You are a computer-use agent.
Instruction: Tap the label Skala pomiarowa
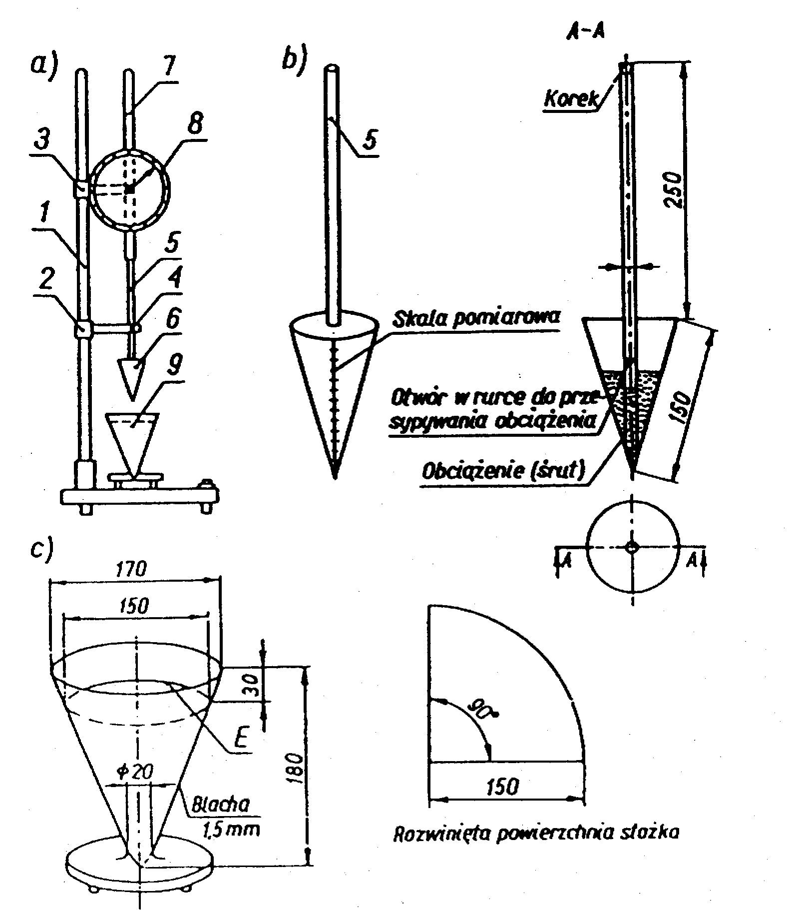tap(477, 318)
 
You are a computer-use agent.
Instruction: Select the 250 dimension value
tap(673, 190)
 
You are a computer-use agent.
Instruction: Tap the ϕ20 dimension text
tap(136, 772)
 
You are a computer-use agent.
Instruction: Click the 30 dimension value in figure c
tap(252, 684)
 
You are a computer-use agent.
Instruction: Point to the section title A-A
tap(586, 31)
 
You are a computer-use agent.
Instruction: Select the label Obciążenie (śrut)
tap(503, 472)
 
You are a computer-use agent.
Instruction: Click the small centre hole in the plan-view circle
tap(632, 547)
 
